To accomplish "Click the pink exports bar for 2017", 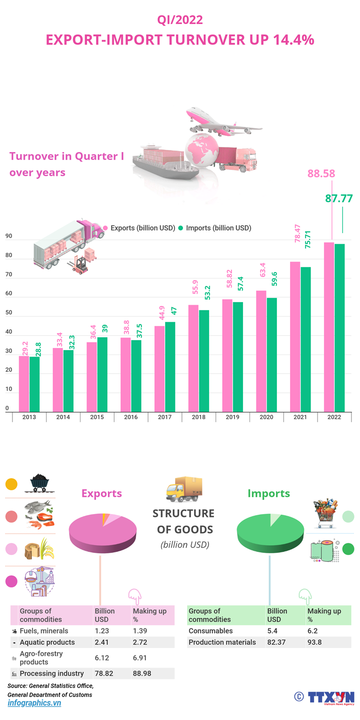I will coord(159,368).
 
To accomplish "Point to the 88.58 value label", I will coord(321,174).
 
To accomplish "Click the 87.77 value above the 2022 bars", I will coord(339,198).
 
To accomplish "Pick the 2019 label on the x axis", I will coord(232,417).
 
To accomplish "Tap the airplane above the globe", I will coord(220,121).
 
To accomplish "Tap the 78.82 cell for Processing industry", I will coord(103,673).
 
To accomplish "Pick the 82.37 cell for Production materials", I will coord(277,642).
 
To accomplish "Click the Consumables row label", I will coord(210,631).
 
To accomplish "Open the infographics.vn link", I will coord(34,703).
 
